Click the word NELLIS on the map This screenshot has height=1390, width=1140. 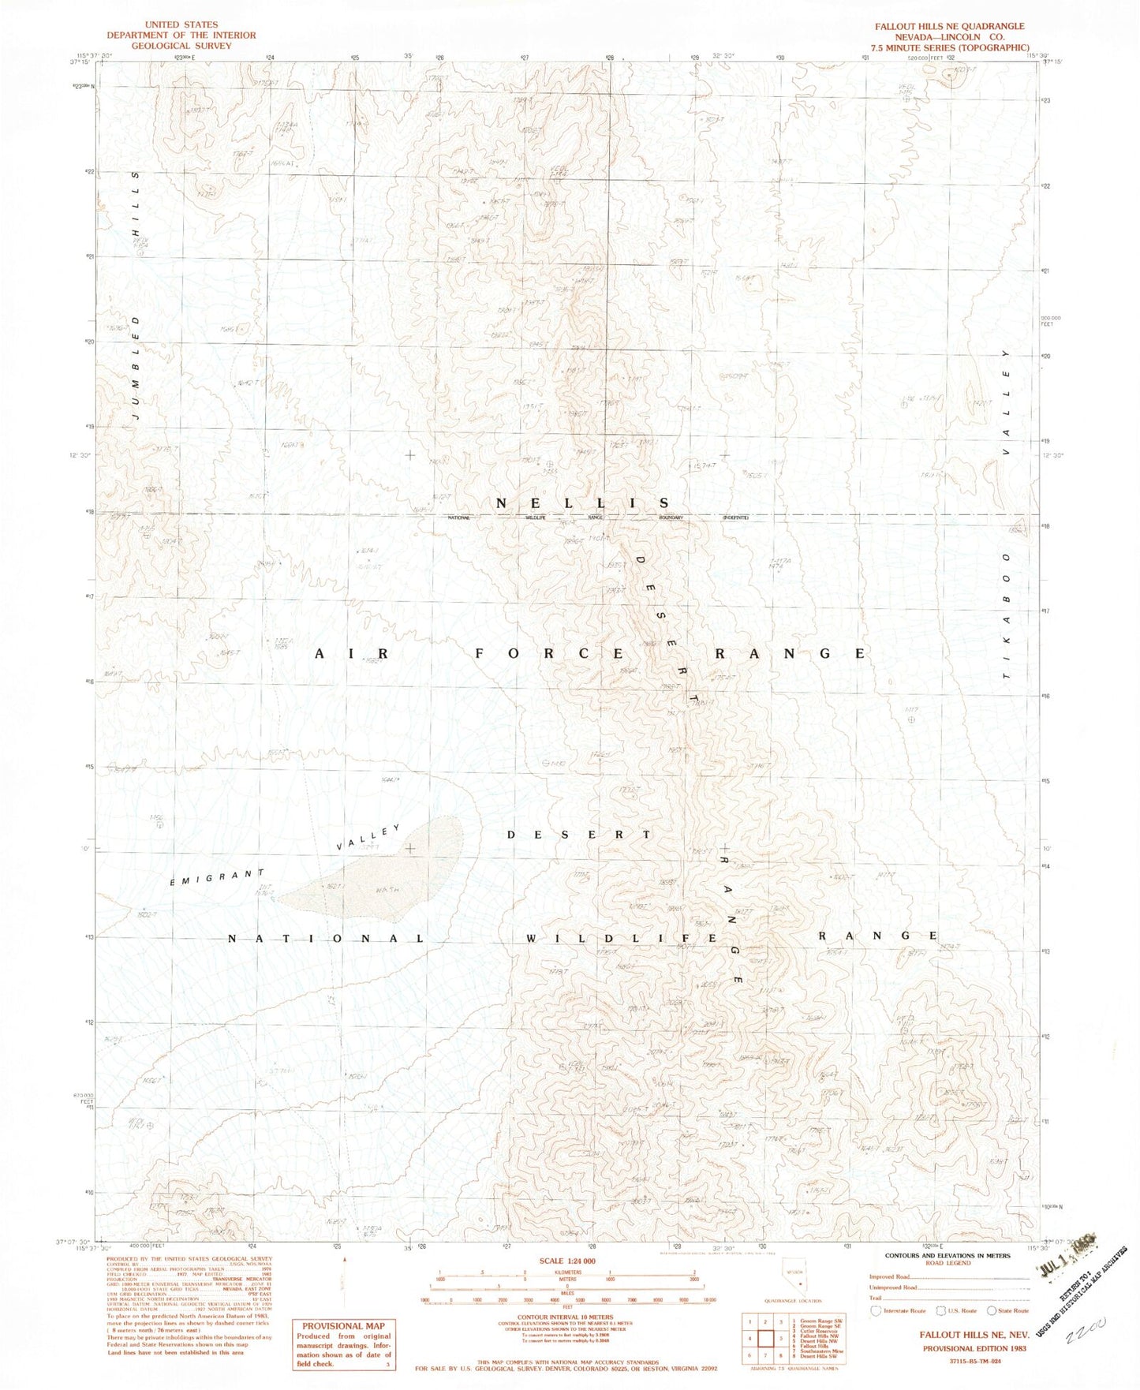click(x=583, y=503)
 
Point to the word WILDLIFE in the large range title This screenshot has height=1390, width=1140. click(x=622, y=938)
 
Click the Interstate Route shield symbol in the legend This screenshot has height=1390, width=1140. click(x=874, y=1310)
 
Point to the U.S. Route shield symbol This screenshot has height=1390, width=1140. click(x=939, y=1310)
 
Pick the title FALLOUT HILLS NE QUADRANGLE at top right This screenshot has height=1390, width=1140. click(x=949, y=26)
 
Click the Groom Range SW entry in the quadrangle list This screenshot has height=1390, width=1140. click(x=824, y=1319)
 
